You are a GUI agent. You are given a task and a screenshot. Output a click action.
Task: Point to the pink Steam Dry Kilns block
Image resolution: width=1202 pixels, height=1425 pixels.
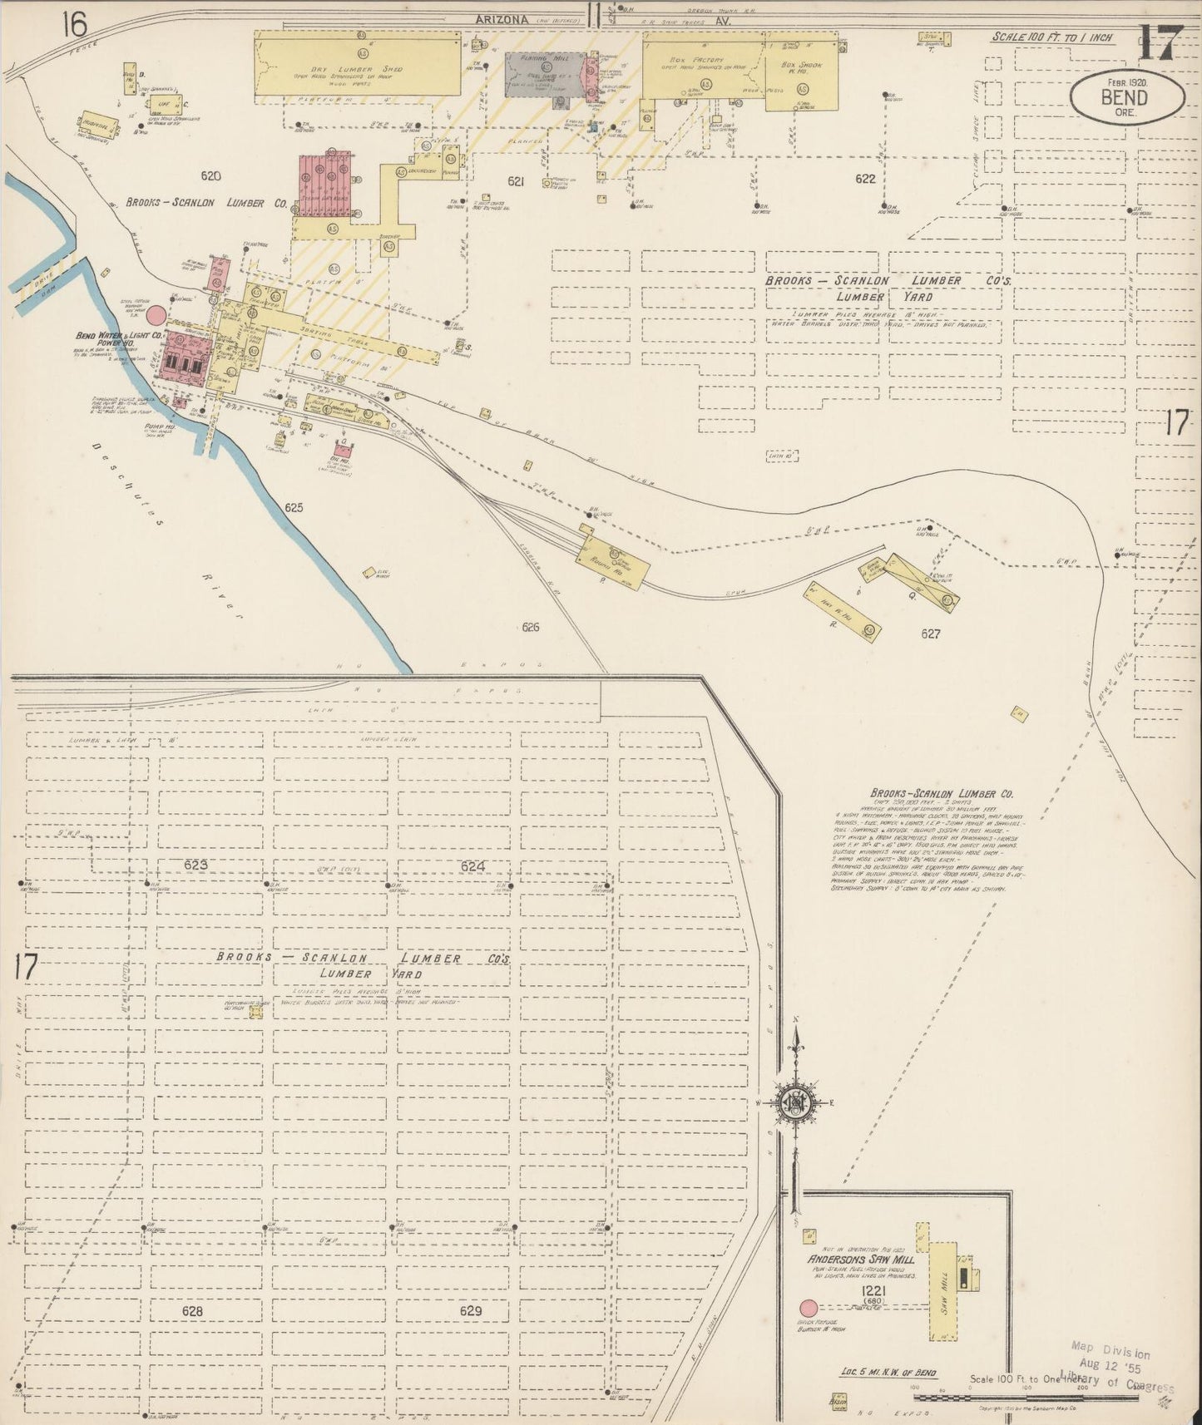pyautogui.click(x=328, y=183)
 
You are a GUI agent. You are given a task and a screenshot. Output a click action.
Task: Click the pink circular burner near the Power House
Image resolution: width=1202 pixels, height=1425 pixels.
pyautogui.click(x=156, y=315)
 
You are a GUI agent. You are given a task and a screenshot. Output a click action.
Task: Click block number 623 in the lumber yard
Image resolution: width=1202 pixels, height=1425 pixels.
pyautogui.click(x=195, y=865)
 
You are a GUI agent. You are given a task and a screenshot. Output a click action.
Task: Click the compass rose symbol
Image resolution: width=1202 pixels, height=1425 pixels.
pyautogui.click(x=796, y=1102)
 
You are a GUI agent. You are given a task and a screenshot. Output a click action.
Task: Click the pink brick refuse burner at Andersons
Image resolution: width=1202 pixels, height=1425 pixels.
pyautogui.click(x=807, y=1308)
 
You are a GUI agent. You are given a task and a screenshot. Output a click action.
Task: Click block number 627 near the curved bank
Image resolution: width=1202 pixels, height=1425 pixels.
pyautogui.click(x=930, y=634)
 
